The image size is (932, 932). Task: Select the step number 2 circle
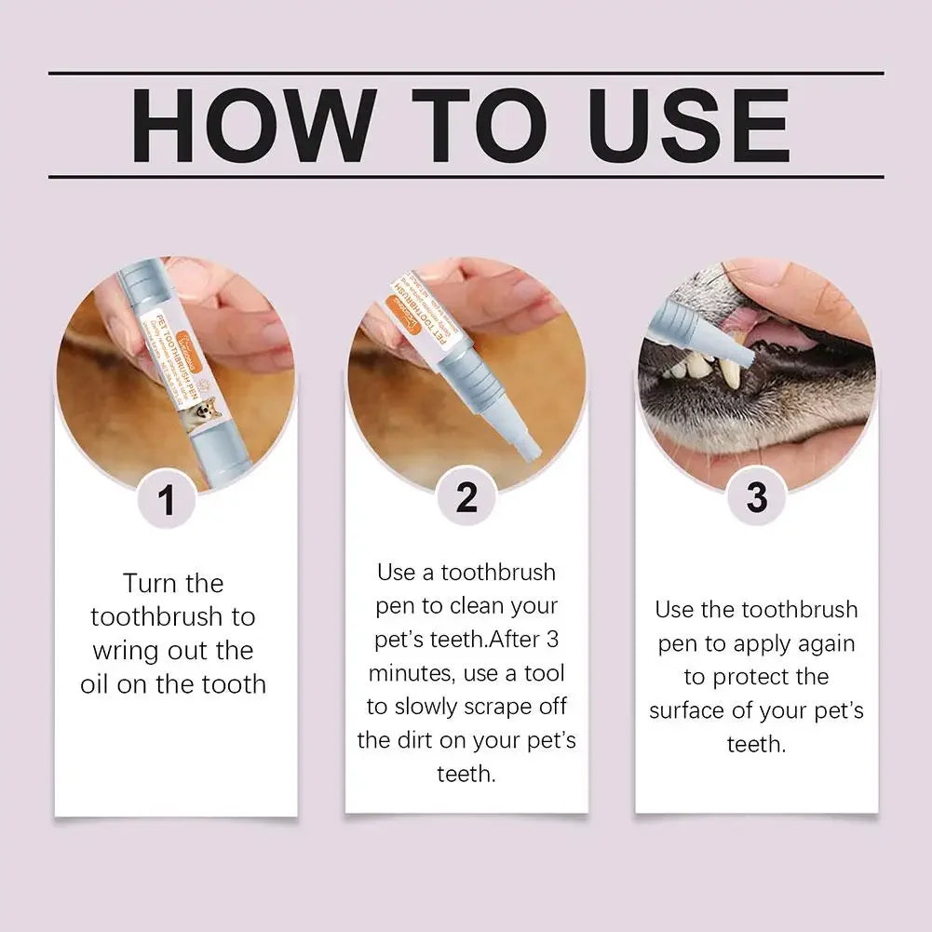[466, 498]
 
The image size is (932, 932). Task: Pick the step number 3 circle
[757, 498]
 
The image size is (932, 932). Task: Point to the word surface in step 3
[690, 710]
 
